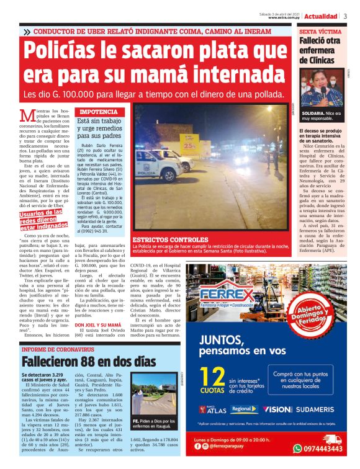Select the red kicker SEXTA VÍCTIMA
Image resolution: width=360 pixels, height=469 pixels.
pyautogui.click(x=320, y=30)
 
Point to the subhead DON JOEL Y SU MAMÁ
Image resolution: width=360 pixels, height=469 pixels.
pyautogui.click(x=98, y=324)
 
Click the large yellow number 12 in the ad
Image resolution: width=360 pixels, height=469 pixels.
pyautogui.click(x=215, y=381)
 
